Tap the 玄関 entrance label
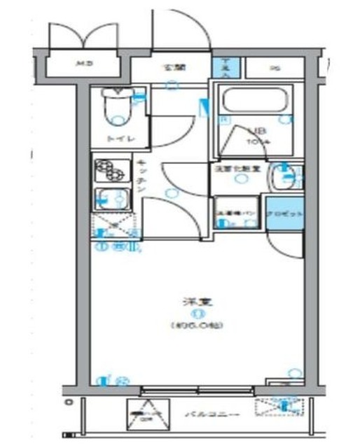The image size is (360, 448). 172,69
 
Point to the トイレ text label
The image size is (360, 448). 116,139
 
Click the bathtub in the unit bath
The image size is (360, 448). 253,99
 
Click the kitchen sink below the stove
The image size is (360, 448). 112,199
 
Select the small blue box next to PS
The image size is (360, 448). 226,68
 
